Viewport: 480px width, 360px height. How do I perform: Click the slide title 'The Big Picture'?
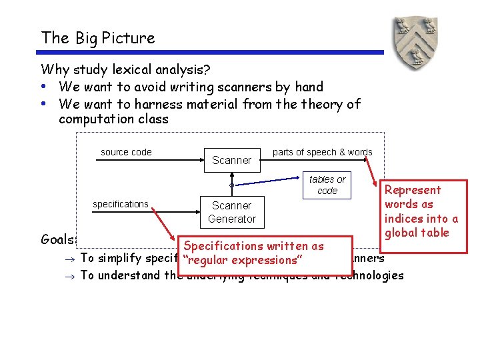pyautogui.click(x=98, y=38)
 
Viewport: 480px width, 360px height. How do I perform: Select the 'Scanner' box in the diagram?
pyautogui.click(x=231, y=160)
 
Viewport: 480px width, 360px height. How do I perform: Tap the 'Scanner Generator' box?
pyautogui.click(x=231, y=212)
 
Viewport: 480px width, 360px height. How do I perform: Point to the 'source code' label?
pyautogui.click(x=126, y=152)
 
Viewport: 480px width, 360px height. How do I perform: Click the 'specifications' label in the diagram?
pyautogui.click(x=121, y=204)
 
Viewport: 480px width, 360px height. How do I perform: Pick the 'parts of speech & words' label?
pyautogui.click(x=323, y=152)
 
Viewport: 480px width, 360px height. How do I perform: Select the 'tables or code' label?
pyautogui.click(x=327, y=185)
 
